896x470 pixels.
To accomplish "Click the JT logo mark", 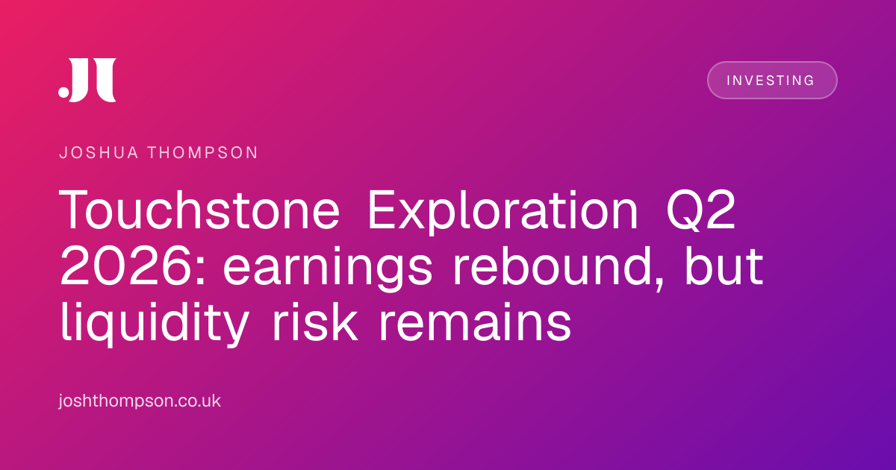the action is pos(87,80).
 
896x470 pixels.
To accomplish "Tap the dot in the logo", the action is pos(63,92).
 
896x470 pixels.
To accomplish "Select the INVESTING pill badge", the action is pos(772,81).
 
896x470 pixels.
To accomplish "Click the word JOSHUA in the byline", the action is pos(99,153).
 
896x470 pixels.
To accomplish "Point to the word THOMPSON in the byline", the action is pos(203,153).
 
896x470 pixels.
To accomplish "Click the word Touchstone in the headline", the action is pos(199,210).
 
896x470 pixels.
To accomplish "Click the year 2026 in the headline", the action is pos(125,266).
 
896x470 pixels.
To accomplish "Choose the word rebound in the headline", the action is pos(552,266).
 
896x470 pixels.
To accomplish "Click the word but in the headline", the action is pos(724,266).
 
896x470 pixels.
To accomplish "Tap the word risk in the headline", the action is pos(314,322).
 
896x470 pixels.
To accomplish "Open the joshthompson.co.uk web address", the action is pos(140,401).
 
